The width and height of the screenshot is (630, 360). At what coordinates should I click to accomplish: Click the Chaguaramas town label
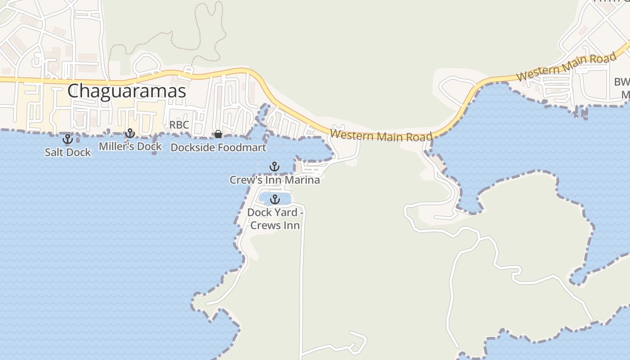(126, 91)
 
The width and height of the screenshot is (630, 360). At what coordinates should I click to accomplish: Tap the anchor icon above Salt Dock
(67, 139)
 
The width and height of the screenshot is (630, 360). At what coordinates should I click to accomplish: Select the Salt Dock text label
(67, 152)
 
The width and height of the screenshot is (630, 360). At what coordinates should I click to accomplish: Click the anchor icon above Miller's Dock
(130, 133)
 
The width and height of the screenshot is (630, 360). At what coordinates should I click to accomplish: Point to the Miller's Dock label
(130, 146)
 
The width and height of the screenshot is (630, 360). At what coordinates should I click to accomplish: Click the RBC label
(179, 125)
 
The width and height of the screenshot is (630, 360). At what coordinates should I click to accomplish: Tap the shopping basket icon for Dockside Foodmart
(218, 134)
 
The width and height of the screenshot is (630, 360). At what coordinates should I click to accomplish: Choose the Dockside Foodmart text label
(218, 147)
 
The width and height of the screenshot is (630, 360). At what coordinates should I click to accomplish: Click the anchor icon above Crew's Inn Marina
(274, 167)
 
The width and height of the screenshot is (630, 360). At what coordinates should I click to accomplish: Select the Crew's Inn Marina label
(274, 180)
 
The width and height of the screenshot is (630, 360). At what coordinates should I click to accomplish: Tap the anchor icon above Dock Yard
(274, 199)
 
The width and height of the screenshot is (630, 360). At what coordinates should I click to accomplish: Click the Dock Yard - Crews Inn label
(275, 219)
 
